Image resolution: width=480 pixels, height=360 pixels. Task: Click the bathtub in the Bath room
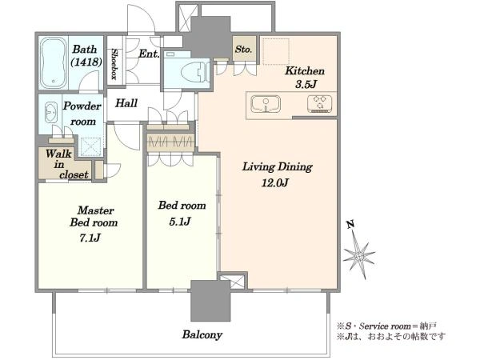[x=54, y=62]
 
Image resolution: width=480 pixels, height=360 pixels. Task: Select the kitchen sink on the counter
[x=266, y=104]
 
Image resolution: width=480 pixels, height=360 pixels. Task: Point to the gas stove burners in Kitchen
[x=319, y=103]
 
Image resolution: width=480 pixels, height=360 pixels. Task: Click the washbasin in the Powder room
[x=51, y=112]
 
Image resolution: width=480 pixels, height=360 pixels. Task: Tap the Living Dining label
[x=278, y=167]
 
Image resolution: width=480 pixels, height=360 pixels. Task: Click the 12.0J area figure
[x=275, y=183]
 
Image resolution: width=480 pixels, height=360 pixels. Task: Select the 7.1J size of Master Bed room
[x=90, y=238]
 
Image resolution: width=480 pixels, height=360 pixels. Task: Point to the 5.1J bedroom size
[x=180, y=222]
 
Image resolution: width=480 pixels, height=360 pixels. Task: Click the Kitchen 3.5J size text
[x=306, y=85]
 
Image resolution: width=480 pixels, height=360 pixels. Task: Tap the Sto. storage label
[x=244, y=49]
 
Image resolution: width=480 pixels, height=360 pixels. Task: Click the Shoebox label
[x=114, y=64]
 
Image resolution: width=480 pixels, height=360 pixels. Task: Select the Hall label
[x=126, y=103]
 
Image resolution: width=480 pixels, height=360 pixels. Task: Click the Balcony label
[x=202, y=334]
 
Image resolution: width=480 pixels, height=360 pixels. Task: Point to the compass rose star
[x=358, y=255]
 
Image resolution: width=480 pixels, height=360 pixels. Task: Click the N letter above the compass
[x=350, y=224]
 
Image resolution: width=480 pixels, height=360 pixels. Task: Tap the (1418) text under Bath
[x=86, y=62]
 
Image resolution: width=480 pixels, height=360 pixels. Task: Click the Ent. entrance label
[x=149, y=54]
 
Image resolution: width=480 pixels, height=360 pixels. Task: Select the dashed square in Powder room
[x=90, y=146]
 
